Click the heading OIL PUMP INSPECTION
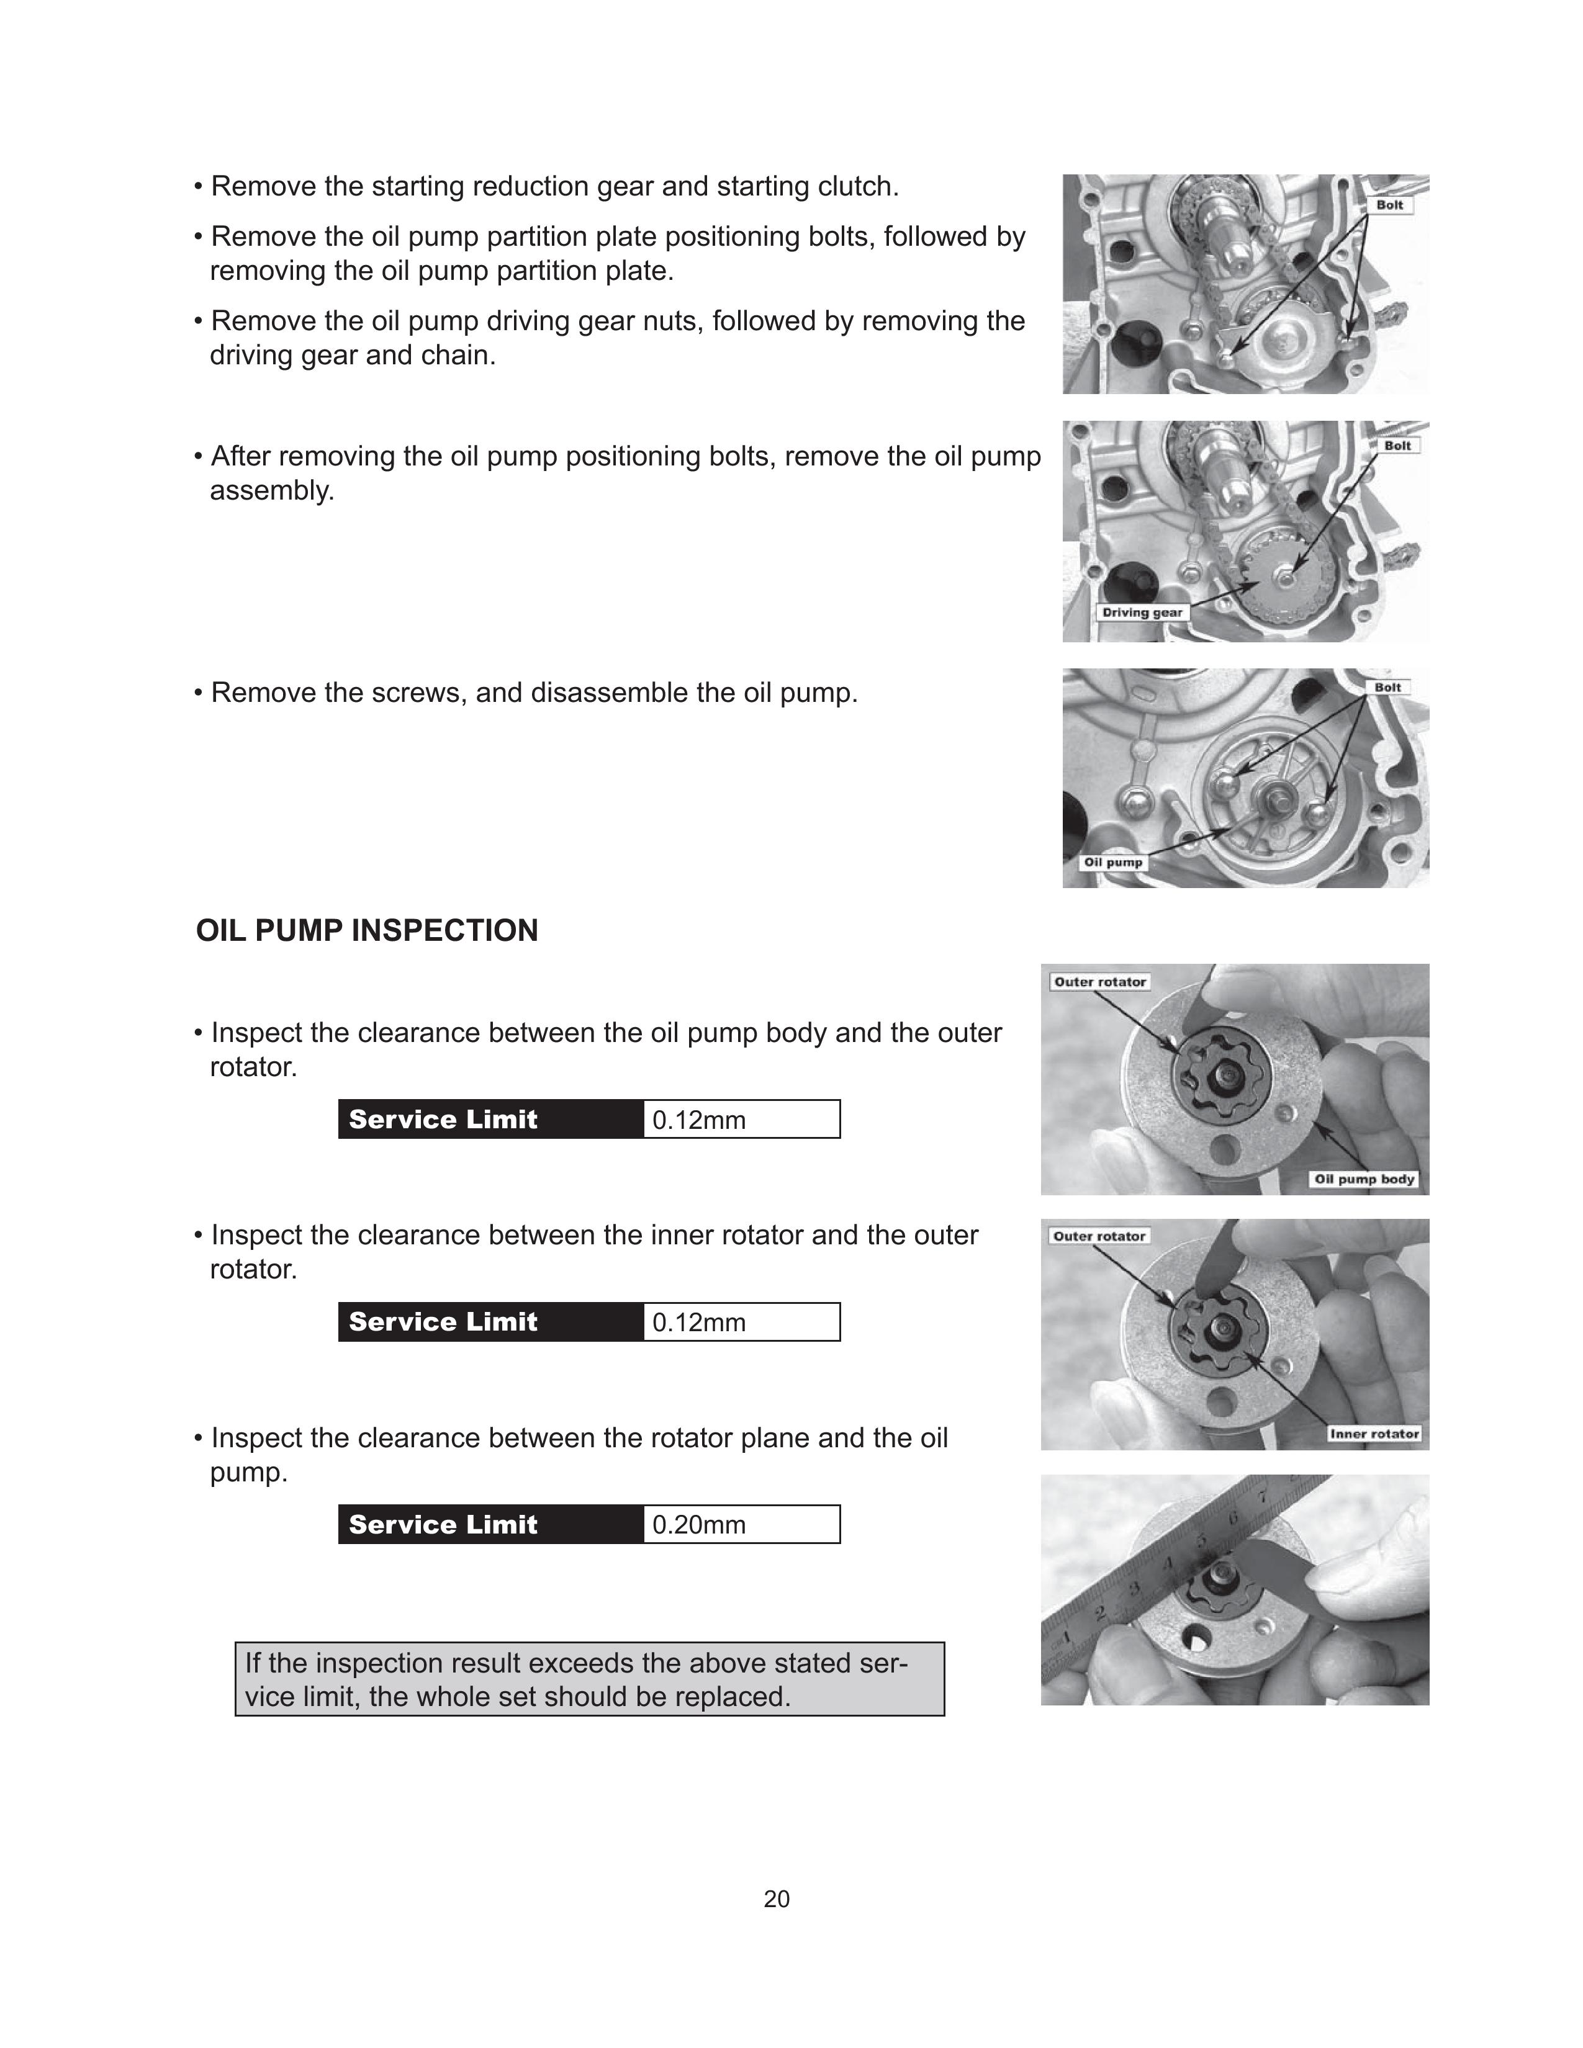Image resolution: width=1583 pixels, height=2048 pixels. coord(367,930)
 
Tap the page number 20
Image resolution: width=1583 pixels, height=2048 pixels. coord(777,1899)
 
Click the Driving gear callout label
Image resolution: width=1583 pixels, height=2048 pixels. coord(1141,613)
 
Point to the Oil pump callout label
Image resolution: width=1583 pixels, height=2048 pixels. coord(1112,862)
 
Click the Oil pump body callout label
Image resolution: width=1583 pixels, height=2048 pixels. coord(1364,1179)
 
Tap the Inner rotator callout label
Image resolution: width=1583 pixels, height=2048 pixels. coord(1374,1434)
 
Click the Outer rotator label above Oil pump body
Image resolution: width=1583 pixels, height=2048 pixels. coord(1099,982)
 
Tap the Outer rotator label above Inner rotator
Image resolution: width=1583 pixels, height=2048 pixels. coord(1099,1236)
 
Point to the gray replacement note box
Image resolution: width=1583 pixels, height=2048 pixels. coord(589,1679)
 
